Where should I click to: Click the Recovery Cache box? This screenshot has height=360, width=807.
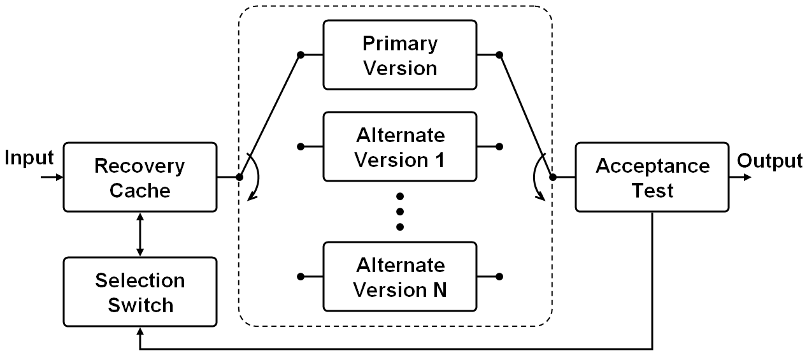(x=139, y=177)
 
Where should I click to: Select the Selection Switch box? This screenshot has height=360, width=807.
(x=139, y=292)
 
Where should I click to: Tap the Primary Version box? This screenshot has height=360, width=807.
(x=399, y=55)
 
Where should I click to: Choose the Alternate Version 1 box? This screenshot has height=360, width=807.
(x=399, y=147)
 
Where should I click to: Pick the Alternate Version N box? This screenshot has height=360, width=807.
(x=399, y=277)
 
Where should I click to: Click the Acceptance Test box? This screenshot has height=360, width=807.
(x=652, y=177)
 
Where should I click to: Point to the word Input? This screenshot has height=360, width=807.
(x=29, y=158)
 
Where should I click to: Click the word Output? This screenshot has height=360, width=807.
(x=769, y=161)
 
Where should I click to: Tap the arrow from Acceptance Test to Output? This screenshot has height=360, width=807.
(x=740, y=177)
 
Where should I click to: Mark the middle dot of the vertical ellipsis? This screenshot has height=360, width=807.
(x=400, y=211)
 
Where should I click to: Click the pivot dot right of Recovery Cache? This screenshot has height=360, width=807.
(x=239, y=177)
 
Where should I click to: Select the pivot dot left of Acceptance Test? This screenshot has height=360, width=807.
(x=552, y=177)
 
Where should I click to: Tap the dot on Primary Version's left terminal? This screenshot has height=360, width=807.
(x=301, y=55)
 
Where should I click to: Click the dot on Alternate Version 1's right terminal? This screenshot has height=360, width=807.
(x=499, y=147)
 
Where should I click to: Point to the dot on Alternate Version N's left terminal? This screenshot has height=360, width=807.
(x=301, y=277)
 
